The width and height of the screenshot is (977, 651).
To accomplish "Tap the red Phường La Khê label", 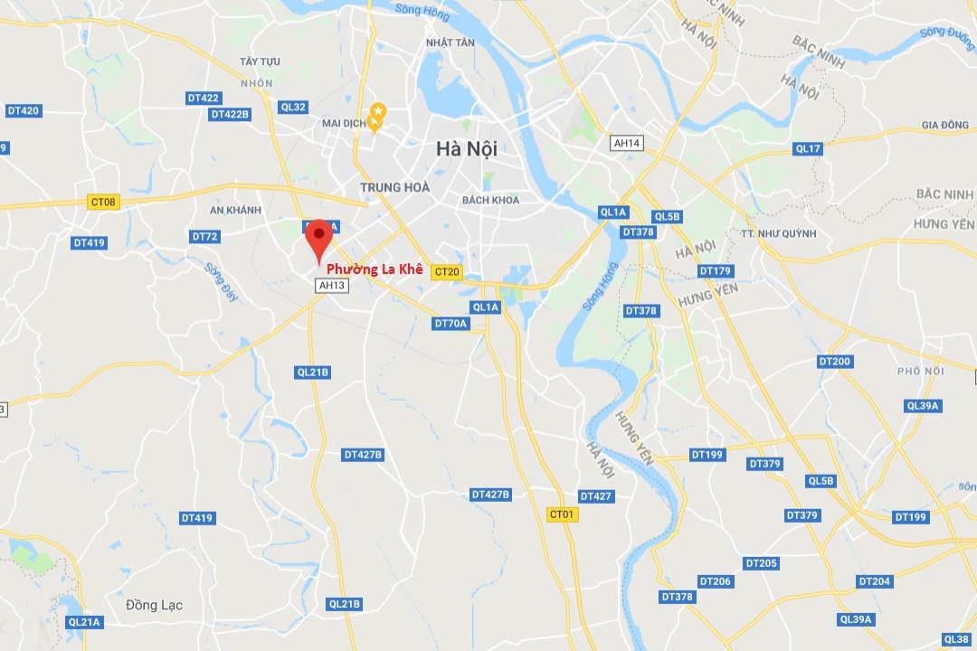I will click(x=375, y=269).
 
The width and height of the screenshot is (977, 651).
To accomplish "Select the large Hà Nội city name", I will click(x=467, y=149).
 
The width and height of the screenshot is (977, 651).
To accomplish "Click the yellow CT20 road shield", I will click(x=447, y=271).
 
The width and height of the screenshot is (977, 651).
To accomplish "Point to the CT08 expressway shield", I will click(x=104, y=202).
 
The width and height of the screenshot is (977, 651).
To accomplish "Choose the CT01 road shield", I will click(x=563, y=514).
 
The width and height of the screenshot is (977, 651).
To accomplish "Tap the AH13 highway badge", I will click(x=332, y=286).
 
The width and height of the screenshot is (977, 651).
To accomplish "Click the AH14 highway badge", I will click(x=627, y=143).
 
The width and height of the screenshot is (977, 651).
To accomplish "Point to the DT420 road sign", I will click(x=24, y=110).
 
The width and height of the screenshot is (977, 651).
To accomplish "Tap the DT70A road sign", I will click(x=451, y=324).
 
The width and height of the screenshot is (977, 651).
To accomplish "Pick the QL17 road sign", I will click(x=807, y=148).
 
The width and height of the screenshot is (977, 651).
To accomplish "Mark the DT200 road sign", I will click(x=834, y=362).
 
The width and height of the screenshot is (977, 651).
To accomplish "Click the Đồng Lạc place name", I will click(x=154, y=605).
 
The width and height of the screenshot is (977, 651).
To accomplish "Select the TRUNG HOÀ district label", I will click(x=394, y=187).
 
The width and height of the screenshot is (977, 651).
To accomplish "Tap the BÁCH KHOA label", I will click(x=490, y=200).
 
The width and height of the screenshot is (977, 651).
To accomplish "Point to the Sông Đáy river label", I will click(x=220, y=282).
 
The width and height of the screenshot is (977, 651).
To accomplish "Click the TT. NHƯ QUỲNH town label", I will click(x=778, y=233).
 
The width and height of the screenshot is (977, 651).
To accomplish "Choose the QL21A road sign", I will click(x=85, y=622).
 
